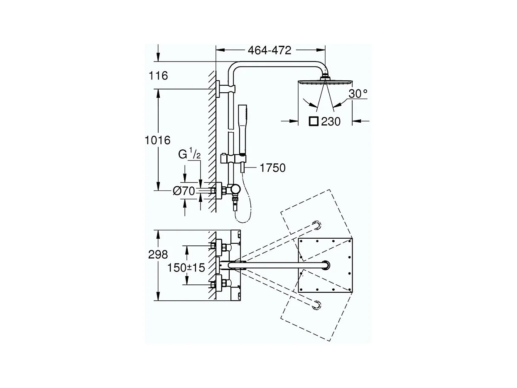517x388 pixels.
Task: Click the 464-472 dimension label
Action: click(270, 50)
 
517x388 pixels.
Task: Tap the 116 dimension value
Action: click(158, 76)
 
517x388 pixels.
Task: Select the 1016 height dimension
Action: click(157, 140)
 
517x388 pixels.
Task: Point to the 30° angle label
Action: click(358, 94)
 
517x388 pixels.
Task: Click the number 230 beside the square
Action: click(331, 122)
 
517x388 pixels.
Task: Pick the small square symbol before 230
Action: click(314, 121)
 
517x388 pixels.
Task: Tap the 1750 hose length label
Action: click(272, 168)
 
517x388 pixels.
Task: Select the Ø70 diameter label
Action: click(184, 191)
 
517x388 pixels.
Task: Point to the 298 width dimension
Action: click(158, 255)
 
